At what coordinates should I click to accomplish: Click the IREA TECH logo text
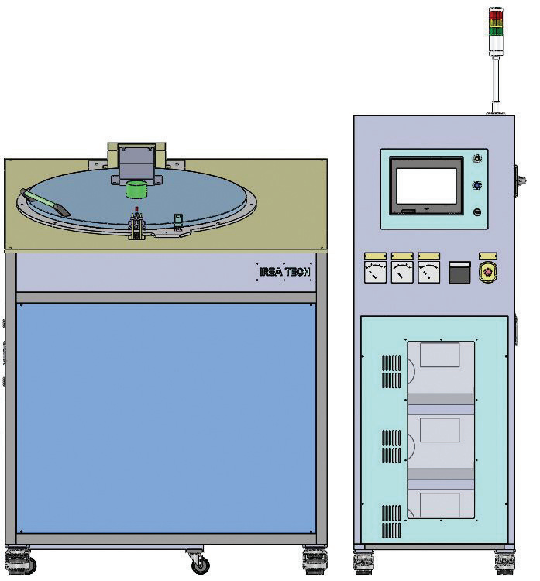(284, 272)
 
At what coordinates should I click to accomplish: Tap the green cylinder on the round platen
(136, 189)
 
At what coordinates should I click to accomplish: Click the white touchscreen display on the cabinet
(426, 186)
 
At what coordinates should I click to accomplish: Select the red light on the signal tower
(496, 15)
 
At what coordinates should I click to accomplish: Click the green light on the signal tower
(496, 31)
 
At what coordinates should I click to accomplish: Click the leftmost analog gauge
(376, 273)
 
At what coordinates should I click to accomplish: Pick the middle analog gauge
(402, 273)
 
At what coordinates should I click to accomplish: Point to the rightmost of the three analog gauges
(428, 273)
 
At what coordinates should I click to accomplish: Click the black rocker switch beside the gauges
(459, 273)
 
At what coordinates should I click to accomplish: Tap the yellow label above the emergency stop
(488, 256)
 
